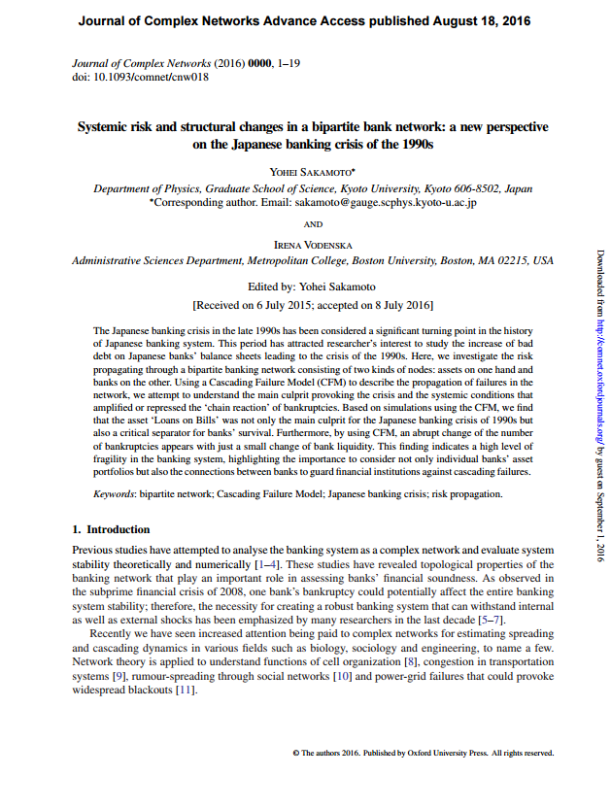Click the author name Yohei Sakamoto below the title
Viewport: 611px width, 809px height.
312,171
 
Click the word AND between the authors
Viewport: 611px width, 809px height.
313,224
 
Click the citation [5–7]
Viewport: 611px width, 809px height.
485,620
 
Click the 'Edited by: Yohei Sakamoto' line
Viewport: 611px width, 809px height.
312,287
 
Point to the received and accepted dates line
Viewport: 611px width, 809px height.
312,305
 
